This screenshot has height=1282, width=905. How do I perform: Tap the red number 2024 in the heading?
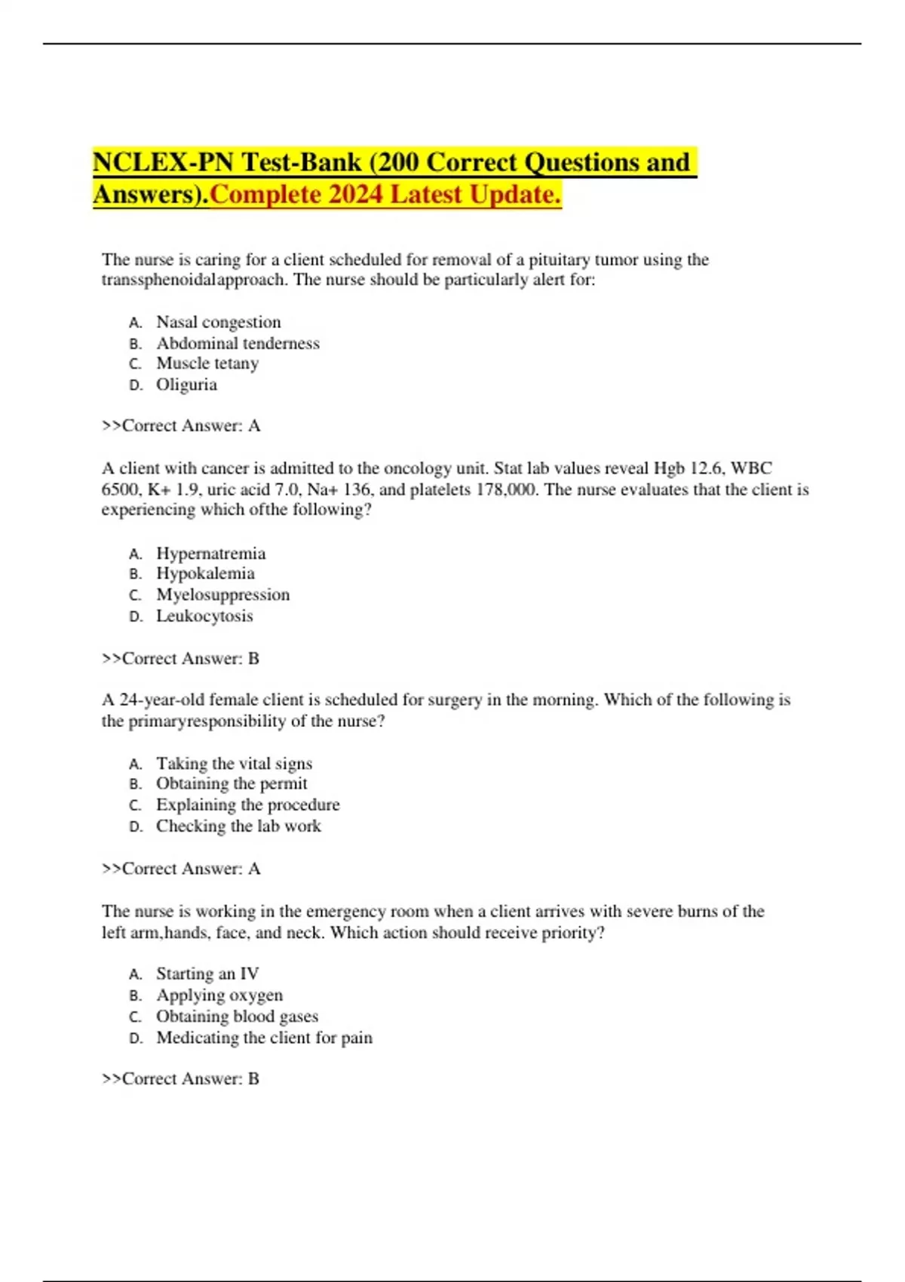pos(357,195)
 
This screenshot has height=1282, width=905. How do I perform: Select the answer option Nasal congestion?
pos(218,322)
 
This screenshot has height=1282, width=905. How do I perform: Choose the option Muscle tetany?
pos(207,363)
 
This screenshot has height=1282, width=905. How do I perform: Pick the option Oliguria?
pos(186,385)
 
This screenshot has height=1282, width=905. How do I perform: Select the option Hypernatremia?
pos(210,554)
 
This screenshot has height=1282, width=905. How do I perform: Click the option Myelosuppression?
pos(222,595)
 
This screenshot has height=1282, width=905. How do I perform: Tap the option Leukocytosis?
pos(204,616)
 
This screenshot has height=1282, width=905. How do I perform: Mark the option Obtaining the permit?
pos(232,784)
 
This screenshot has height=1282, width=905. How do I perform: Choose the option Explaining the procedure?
pos(247,805)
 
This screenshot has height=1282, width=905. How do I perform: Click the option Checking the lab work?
pos(238,827)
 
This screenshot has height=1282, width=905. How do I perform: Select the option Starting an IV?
pos(207,974)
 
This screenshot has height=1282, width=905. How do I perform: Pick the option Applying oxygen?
pos(219,995)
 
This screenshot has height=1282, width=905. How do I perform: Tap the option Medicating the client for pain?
pos(264,1038)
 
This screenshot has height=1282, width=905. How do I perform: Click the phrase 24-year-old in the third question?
pos(161,700)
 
